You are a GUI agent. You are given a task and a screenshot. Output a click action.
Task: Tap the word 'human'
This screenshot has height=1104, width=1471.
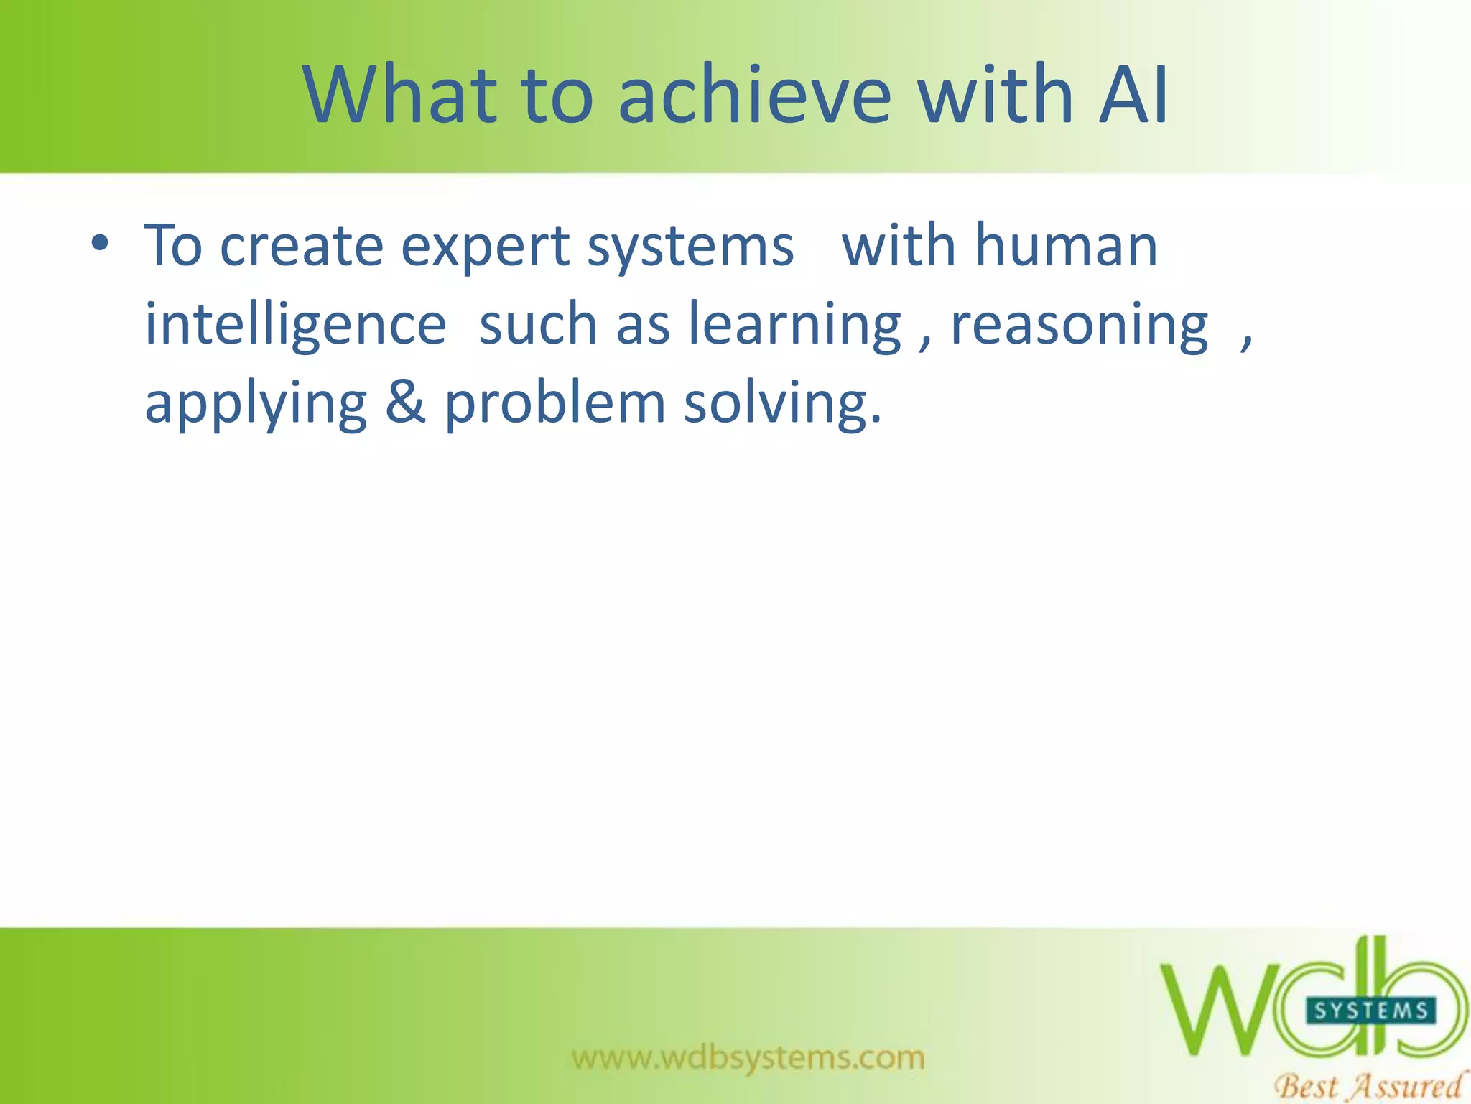(x=1067, y=246)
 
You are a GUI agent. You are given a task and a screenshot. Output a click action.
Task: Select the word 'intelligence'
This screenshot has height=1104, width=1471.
(x=295, y=326)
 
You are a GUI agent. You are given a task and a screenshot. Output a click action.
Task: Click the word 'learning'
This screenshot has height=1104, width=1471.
(x=794, y=326)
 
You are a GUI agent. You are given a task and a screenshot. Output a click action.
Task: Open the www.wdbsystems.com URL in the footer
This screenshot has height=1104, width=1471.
(x=748, y=1057)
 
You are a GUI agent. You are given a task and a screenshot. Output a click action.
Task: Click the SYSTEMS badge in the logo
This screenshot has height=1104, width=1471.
(x=1370, y=1011)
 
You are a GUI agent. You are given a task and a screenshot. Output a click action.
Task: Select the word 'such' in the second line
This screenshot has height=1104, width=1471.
(x=538, y=325)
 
